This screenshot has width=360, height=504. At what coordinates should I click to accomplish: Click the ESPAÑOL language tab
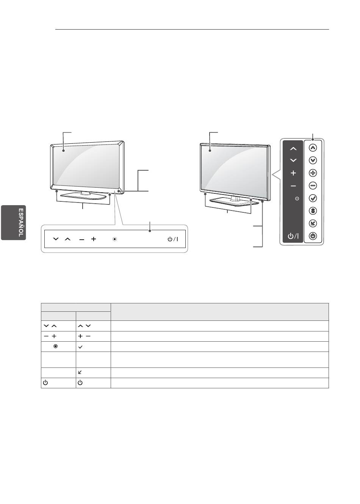click(x=14, y=223)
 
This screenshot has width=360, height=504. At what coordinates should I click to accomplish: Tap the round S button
click(x=313, y=211)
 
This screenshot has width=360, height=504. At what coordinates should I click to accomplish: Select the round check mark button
click(x=313, y=198)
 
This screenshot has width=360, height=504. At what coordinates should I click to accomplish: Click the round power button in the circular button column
click(x=313, y=236)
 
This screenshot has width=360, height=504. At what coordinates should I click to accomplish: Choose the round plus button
click(x=313, y=173)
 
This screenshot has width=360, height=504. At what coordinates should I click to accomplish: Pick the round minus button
click(x=313, y=185)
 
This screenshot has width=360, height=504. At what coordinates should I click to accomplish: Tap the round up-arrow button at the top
click(x=313, y=148)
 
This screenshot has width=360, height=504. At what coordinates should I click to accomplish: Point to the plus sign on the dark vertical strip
click(x=293, y=173)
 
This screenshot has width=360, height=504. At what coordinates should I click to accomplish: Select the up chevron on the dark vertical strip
click(x=293, y=149)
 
